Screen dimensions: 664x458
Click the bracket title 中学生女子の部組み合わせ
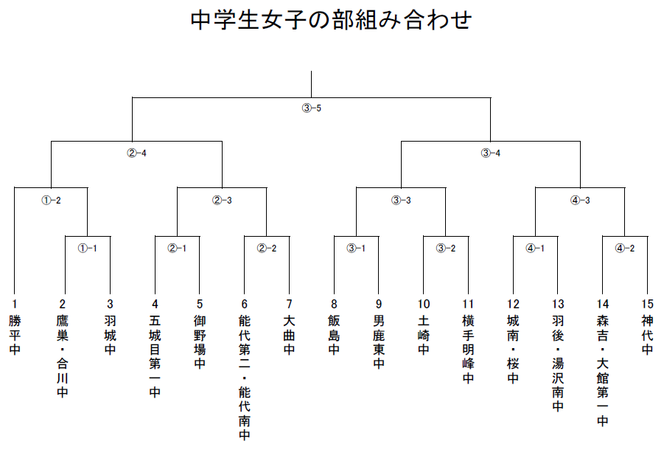[x=331, y=20]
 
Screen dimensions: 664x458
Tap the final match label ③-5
[x=311, y=108]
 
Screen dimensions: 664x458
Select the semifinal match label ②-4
[x=137, y=153]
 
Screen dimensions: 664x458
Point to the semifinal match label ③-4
[x=490, y=153]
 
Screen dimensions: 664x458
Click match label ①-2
[x=51, y=200]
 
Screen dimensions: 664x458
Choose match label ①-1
[x=87, y=248]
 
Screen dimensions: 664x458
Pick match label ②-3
[x=222, y=200]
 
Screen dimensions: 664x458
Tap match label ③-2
[x=446, y=248]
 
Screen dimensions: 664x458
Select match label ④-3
[x=580, y=200]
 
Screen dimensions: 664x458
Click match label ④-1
[x=535, y=248]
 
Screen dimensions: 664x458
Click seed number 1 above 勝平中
[x=15, y=304]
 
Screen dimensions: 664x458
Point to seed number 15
[x=648, y=304]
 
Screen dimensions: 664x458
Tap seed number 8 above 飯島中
[x=334, y=304]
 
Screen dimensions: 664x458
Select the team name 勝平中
[x=15, y=335]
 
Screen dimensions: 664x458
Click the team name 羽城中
[x=110, y=335]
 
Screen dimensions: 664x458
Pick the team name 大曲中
[x=289, y=335]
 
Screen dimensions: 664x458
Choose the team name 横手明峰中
[x=468, y=349]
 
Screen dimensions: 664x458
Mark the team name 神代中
[x=648, y=335]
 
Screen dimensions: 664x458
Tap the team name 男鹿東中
[x=379, y=342]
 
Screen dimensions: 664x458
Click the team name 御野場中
[x=200, y=342]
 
